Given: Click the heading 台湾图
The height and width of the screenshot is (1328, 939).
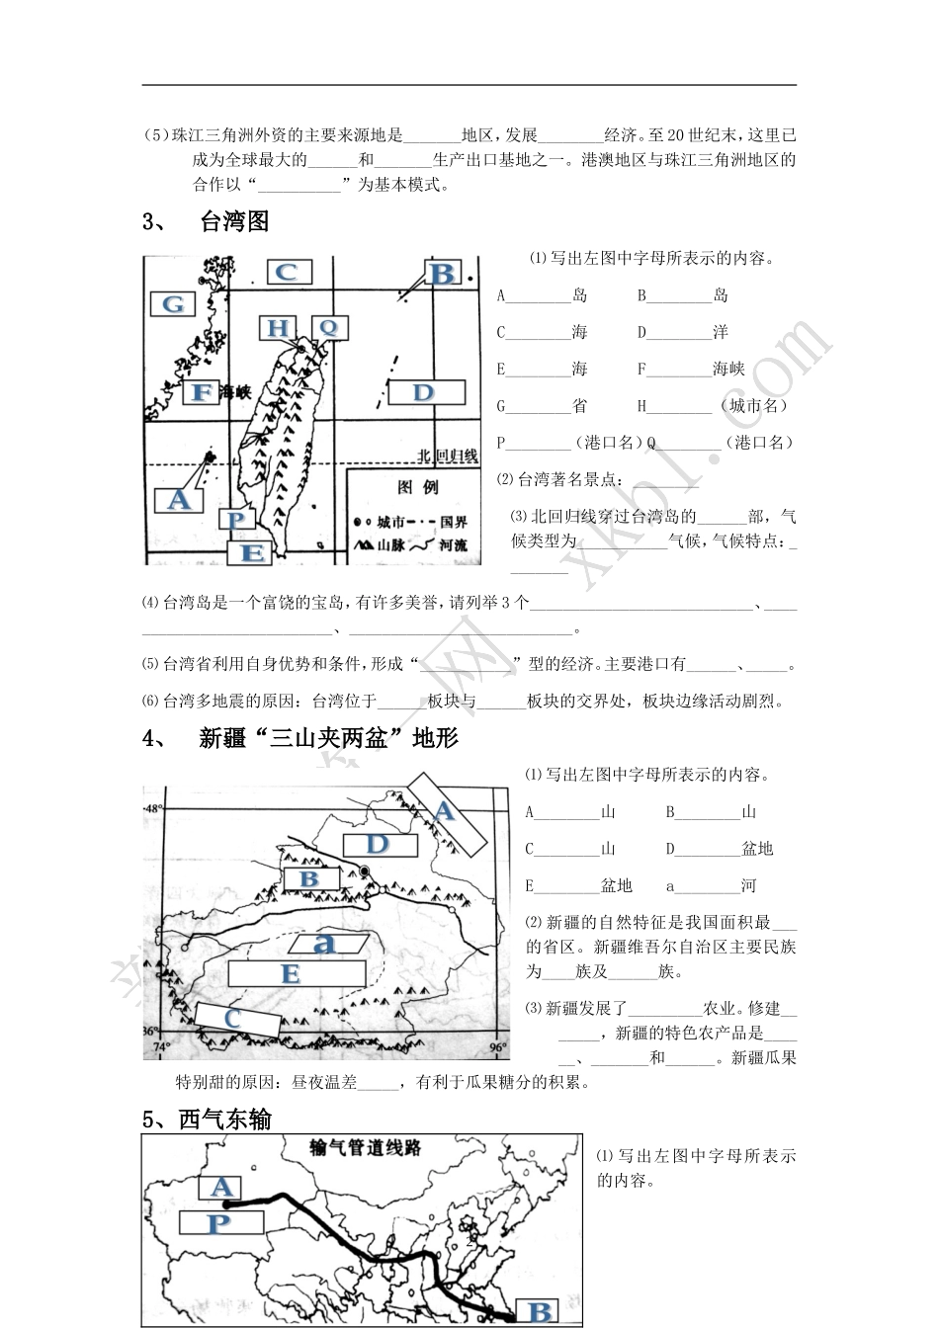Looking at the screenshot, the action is (x=234, y=221).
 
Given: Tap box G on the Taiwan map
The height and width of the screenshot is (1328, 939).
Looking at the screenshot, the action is (x=174, y=303).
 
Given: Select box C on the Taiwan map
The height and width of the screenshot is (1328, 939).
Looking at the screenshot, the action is (x=287, y=272).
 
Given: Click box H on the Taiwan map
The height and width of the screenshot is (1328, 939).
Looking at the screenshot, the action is (x=280, y=328).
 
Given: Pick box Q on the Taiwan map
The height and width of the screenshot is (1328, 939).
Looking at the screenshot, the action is (x=328, y=328).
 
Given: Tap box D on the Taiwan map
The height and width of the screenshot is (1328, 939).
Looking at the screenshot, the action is (x=425, y=392).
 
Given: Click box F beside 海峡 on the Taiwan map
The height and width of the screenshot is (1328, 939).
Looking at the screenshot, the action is (x=203, y=392).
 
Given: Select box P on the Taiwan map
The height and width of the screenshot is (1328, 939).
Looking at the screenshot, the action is (x=235, y=520).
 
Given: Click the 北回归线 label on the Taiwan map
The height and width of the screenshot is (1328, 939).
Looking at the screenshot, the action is (x=448, y=456).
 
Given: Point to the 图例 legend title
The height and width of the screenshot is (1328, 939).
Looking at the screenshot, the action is (x=417, y=487).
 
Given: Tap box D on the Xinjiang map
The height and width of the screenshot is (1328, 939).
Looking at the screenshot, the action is (x=381, y=844).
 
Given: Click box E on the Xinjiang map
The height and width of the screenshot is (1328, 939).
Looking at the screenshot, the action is (x=290, y=973).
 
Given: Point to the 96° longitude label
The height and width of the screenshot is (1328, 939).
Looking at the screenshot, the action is (x=496, y=1047).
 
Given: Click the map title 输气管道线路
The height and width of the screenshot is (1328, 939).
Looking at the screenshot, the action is (x=366, y=1147).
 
